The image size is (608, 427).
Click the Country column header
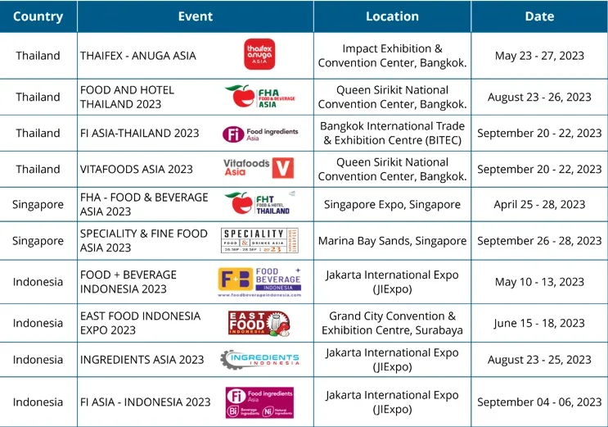click(x=38, y=16)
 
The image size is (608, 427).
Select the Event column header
click(x=195, y=16)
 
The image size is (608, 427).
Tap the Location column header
click(x=392, y=16)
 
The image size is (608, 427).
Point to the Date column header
click(x=539, y=16)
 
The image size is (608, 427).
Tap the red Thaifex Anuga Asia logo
click(x=259, y=54)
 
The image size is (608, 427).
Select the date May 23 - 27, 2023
click(x=539, y=56)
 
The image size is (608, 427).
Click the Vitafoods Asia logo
click(x=258, y=168)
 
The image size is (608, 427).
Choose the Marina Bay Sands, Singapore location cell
click(x=392, y=241)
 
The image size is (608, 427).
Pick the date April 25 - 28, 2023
click(x=539, y=205)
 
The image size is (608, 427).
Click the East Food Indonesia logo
click(x=258, y=323)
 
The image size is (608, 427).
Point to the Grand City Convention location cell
click(x=392, y=323)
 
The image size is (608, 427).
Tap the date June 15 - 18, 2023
click(x=539, y=323)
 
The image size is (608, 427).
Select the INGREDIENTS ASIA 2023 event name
click(x=142, y=360)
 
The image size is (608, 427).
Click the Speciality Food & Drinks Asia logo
click(x=259, y=241)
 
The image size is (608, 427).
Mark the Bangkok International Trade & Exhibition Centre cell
click(x=392, y=133)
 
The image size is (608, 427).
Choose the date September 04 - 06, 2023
click(x=539, y=402)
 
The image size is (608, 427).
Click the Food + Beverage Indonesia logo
click(x=259, y=282)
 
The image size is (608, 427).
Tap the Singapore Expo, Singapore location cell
click(x=392, y=205)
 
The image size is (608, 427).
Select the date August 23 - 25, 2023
click(x=539, y=360)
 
